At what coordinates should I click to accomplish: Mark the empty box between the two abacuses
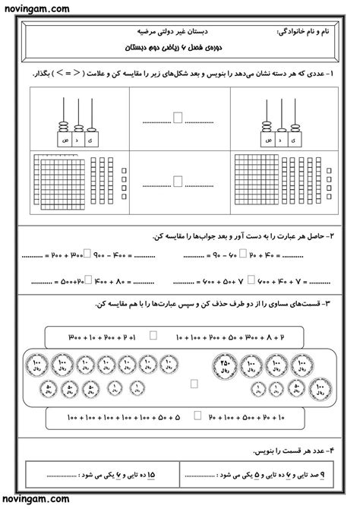coord(178,118)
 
